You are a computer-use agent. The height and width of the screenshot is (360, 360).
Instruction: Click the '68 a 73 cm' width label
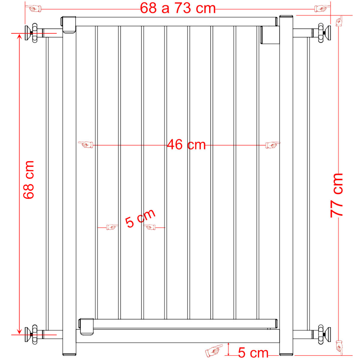178,8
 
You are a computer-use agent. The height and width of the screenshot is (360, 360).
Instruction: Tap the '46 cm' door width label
186,144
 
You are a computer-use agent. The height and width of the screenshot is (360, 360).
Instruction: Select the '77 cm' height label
336,195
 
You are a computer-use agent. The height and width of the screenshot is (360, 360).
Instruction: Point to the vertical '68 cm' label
29,180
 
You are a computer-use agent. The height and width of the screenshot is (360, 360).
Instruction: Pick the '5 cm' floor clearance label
253,352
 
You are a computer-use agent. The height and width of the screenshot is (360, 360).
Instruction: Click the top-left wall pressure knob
32,33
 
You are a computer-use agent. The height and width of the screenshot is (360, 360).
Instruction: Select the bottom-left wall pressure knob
32,335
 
